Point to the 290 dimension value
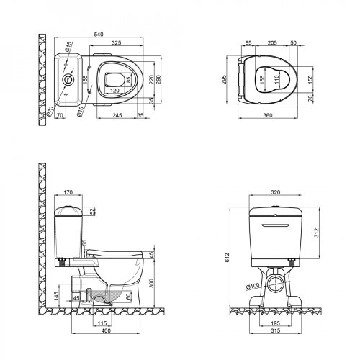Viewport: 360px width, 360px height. point(171,85)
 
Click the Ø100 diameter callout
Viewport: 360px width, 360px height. point(254,287)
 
